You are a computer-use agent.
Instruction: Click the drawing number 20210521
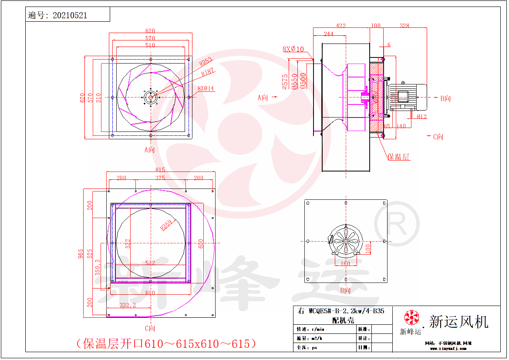point(70,15)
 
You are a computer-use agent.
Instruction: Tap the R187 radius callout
point(208,72)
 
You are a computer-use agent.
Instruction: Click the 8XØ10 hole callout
point(293,49)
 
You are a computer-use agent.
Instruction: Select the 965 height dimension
point(81,253)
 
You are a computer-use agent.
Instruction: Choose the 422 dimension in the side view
point(341,26)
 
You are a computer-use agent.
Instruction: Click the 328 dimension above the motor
point(404,26)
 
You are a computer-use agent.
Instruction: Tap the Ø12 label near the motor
point(421,117)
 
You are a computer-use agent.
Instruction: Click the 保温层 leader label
point(399,157)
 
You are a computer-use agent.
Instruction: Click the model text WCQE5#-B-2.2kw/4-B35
point(346,311)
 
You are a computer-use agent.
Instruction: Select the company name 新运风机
point(458,322)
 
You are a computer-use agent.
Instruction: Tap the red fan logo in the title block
point(411,317)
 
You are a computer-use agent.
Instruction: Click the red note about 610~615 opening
point(165,344)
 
